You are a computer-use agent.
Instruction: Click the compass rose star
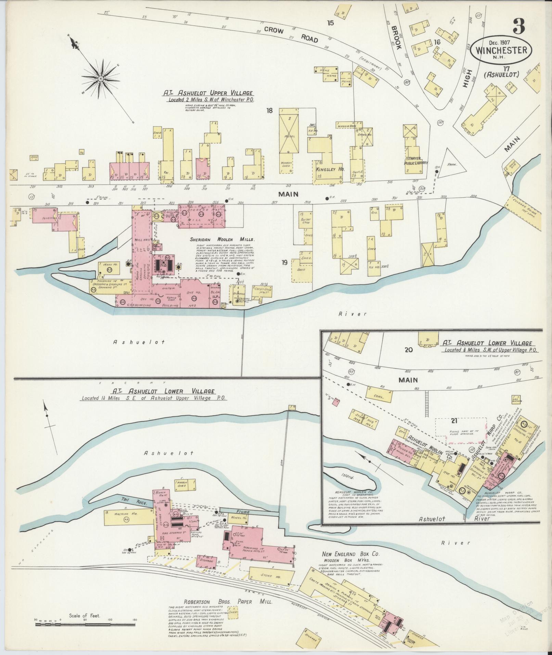(x=101, y=79)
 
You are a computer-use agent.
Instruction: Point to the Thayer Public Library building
(x=416, y=161)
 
